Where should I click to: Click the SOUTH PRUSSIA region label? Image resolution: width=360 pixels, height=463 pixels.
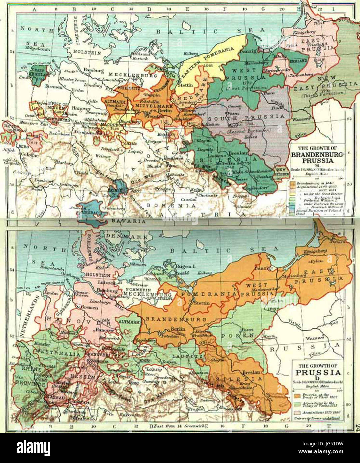[x=246, y=117]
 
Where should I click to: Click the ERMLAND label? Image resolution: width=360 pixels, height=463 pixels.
[x=298, y=61]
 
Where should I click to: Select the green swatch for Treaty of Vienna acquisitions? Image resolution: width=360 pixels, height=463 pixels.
[x=296, y=404]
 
